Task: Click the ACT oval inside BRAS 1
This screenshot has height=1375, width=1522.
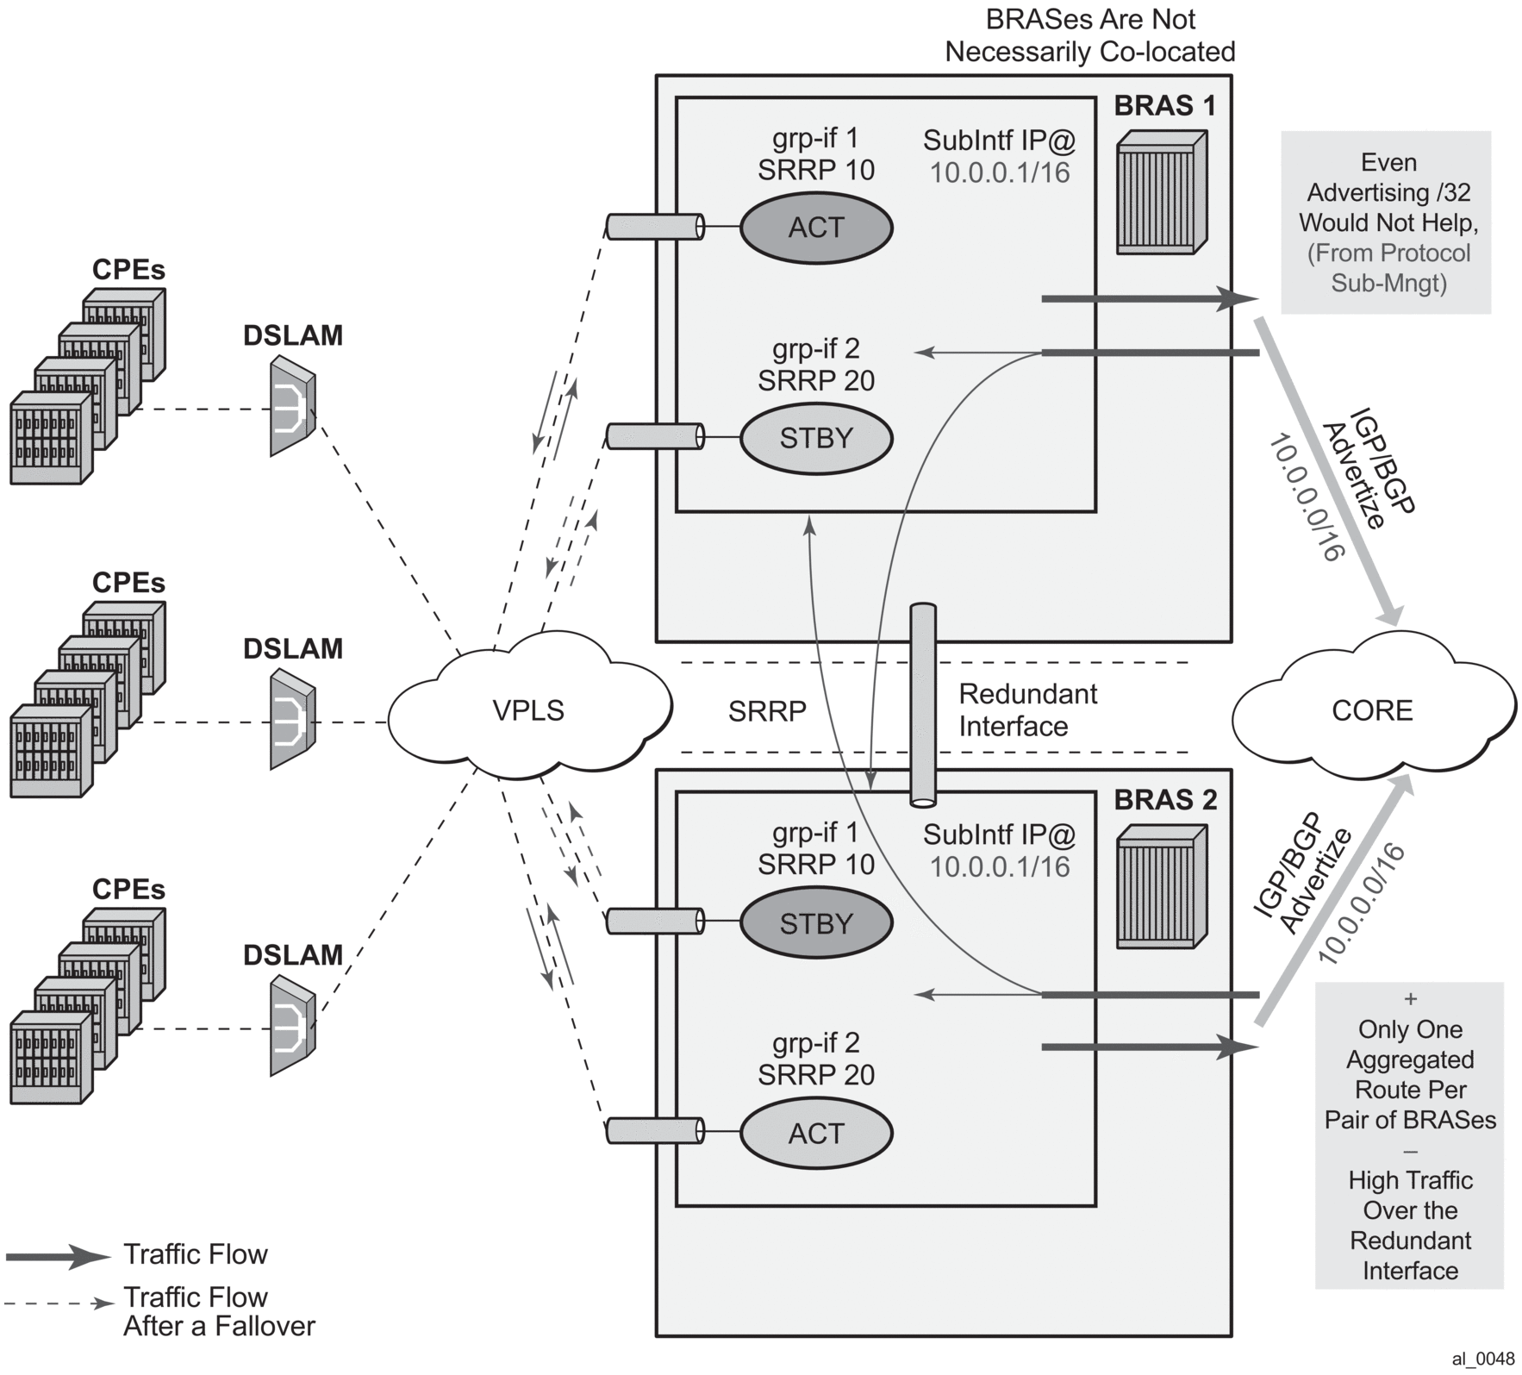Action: click(816, 228)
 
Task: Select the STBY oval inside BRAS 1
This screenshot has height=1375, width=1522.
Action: click(816, 438)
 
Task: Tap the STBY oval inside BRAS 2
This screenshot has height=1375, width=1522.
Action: click(816, 923)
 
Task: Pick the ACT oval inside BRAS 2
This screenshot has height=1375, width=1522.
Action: click(816, 1133)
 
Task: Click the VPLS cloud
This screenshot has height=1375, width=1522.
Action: click(528, 710)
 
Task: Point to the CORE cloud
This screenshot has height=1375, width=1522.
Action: click(1372, 710)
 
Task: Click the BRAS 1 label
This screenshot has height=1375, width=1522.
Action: click(1165, 106)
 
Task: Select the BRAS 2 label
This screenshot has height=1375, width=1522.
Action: click(1165, 800)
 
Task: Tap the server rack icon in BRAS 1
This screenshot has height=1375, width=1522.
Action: click(1161, 192)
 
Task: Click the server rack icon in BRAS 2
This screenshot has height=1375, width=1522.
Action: click(1161, 887)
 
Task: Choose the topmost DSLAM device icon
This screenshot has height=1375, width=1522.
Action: click(292, 404)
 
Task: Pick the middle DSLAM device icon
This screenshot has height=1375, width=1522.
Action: click(292, 718)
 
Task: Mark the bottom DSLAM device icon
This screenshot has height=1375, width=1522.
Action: click(292, 1025)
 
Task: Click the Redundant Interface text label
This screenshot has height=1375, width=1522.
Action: click(1027, 710)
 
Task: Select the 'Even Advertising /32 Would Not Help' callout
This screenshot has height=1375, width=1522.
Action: click(1386, 222)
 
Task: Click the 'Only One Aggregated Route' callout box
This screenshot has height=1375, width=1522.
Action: click(1410, 1134)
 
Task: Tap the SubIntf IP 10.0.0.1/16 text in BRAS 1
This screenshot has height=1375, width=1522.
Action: click(999, 157)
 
